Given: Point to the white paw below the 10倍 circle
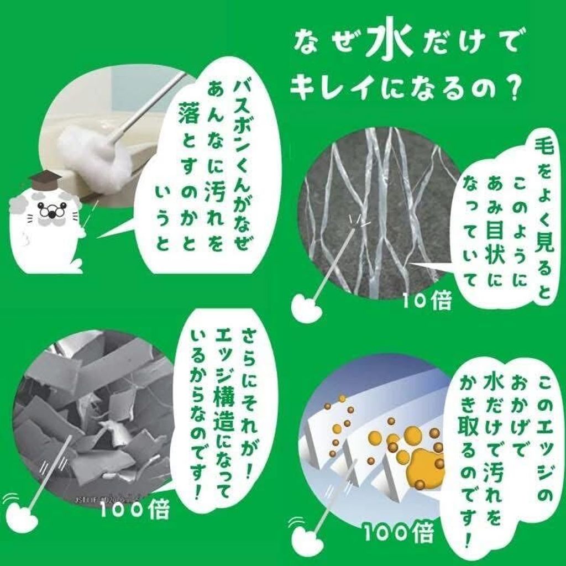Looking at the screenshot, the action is (x=306, y=306).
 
